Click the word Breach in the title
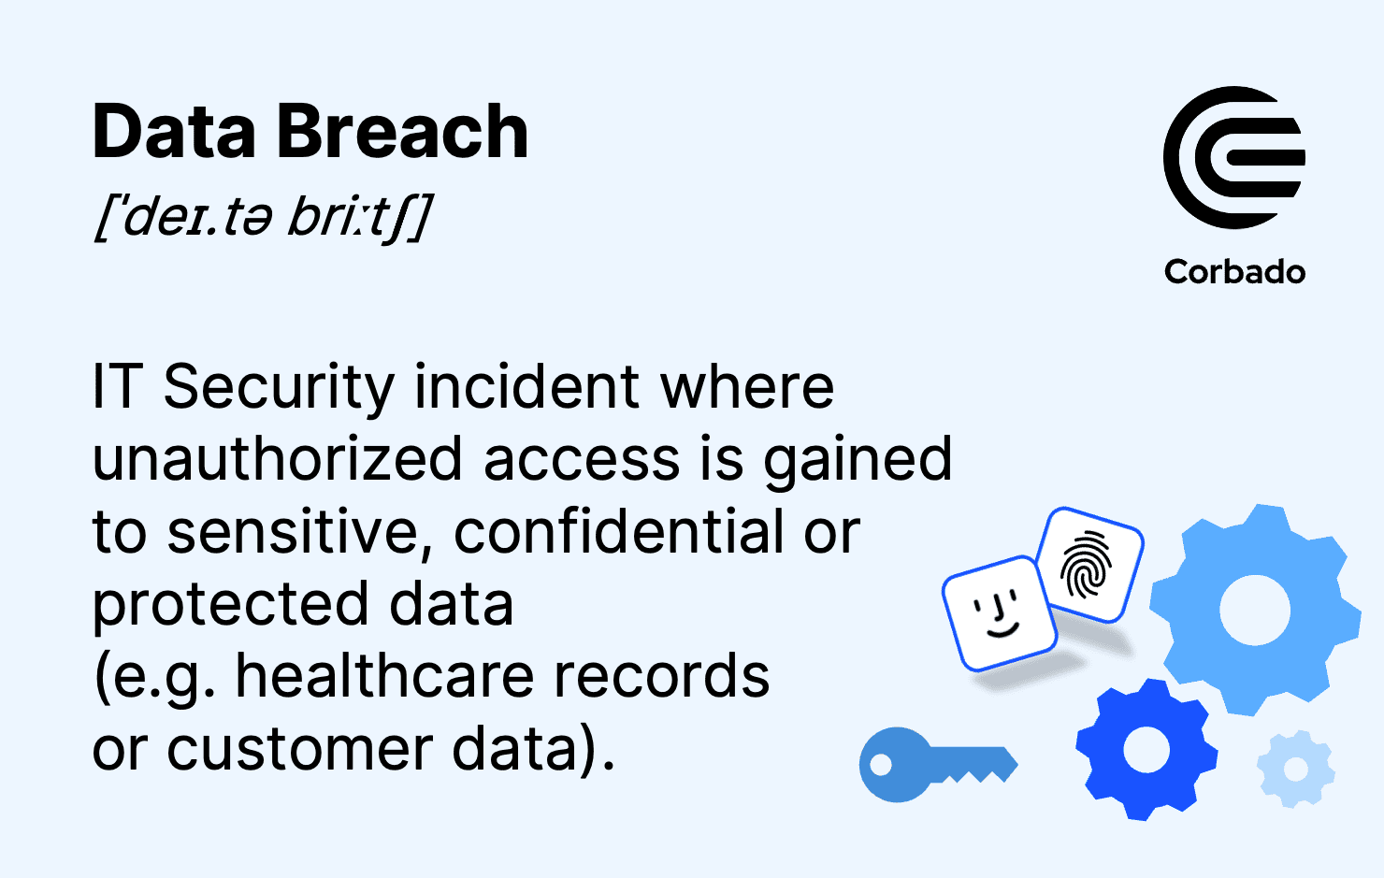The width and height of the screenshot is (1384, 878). point(402,131)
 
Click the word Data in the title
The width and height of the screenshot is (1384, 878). point(174,131)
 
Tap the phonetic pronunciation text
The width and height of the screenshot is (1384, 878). point(263,217)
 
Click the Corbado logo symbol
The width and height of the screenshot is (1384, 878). point(1234,158)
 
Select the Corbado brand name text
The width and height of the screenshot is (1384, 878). point(1234,272)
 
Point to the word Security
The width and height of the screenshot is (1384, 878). point(280,389)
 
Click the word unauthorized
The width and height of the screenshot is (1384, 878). point(278,458)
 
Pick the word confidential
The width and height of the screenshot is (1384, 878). point(618,530)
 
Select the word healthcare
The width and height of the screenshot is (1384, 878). point(385,676)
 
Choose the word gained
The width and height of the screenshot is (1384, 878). point(858,460)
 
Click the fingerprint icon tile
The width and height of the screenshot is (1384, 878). point(1089,565)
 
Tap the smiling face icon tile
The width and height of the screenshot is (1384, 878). point(999,613)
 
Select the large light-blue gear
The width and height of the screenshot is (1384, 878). point(1255,610)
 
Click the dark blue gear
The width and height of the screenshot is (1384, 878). point(1146,750)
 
